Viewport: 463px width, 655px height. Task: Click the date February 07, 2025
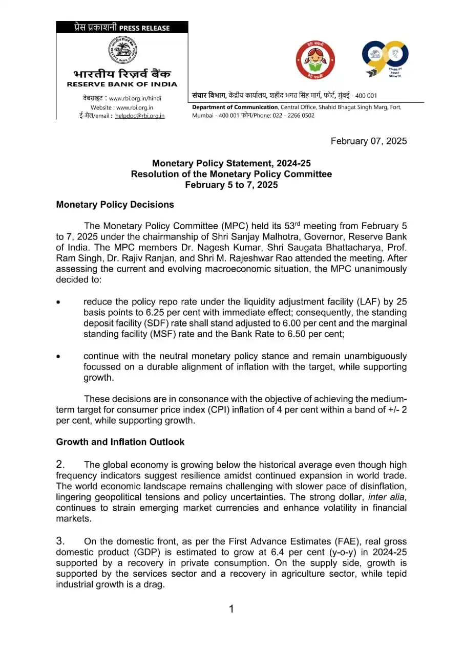(369, 141)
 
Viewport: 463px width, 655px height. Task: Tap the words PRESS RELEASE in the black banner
(144, 28)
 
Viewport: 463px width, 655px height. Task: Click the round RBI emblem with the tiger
(122, 50)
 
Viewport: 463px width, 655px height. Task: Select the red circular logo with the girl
(315, 60)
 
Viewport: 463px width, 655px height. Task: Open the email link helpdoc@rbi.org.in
(140, 116)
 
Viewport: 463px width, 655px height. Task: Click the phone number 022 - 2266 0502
(296, 116)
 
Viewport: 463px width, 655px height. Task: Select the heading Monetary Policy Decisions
(115, 205)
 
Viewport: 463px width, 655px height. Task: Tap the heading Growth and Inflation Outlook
(120, 442)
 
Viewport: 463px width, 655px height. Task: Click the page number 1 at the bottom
(231, 609)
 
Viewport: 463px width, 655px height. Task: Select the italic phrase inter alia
(387, 497)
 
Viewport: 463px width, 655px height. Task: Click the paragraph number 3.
(60, 541)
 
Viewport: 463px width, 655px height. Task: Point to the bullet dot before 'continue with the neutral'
(59, 356)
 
